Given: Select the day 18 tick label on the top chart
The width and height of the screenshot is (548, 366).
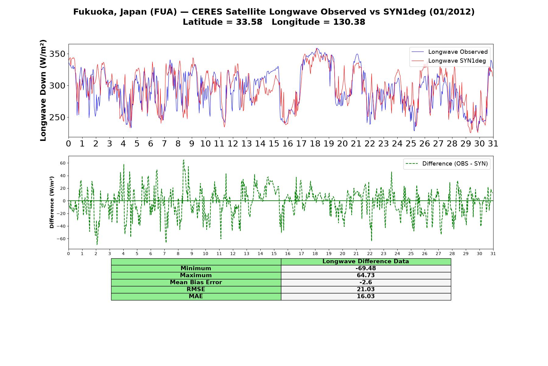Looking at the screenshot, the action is coord(315,144).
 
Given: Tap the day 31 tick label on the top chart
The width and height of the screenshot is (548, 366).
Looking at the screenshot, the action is coord(493,144).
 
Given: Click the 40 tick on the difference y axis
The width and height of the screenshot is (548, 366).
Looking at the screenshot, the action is coord(63,176).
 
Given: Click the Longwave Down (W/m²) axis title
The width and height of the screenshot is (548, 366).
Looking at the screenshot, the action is coord(43,90).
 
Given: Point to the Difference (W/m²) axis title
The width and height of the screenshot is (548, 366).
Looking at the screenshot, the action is coord(52,202).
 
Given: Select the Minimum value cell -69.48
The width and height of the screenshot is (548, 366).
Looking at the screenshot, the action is coord(366,268).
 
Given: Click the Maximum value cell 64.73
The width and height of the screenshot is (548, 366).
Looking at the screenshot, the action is coord(366,275).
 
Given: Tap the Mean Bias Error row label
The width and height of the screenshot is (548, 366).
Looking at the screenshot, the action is coord(196,282).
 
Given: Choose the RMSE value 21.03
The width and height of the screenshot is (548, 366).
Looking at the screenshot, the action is coord(366,289).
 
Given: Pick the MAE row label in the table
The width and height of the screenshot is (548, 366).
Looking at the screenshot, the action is coord(196,296).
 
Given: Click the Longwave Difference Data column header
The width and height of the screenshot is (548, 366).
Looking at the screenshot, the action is coord(366,261).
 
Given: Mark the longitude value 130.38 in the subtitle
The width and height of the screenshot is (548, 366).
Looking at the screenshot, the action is coord(349,22).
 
